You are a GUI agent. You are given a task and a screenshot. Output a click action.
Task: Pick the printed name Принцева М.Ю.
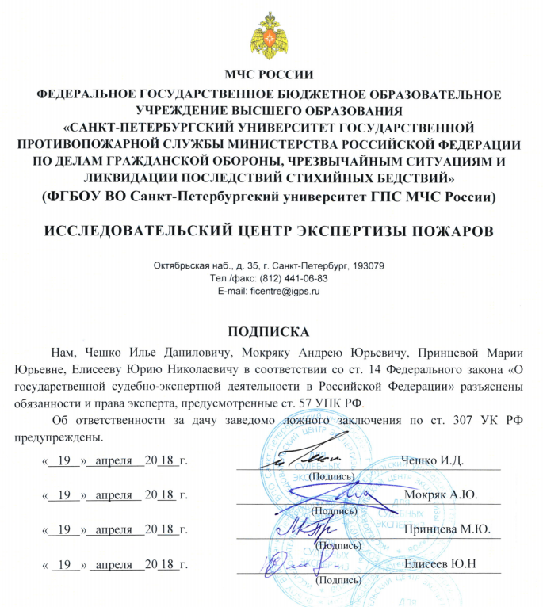click(x=447, y=529)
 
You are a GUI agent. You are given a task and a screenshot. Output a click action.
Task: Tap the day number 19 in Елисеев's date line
click(x=70, y=564)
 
